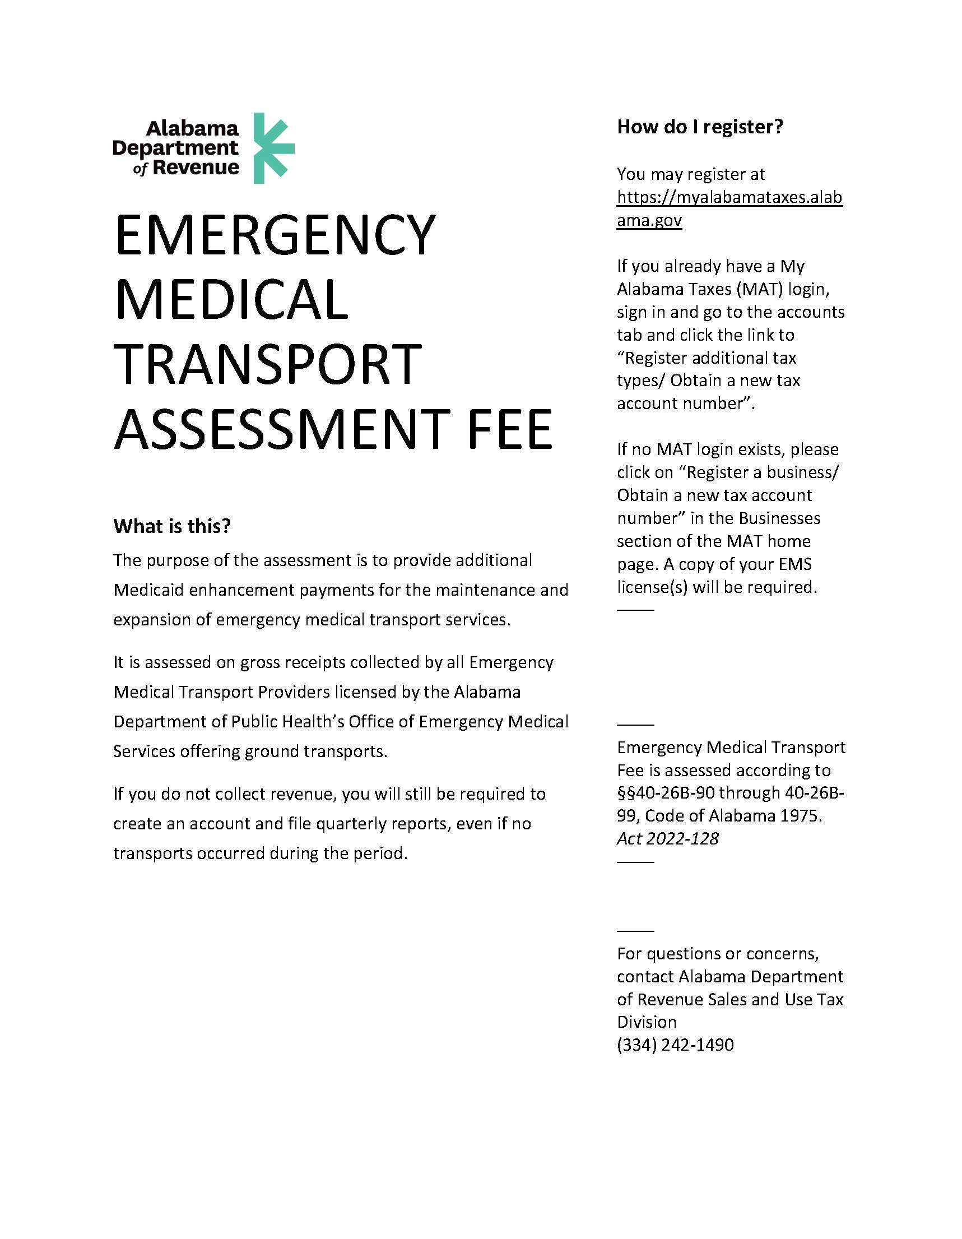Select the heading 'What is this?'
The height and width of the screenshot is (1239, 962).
(x=172, y=526)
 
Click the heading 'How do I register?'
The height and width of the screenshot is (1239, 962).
(x=700, y=127)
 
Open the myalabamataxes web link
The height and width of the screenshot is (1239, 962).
(x=729, y=208)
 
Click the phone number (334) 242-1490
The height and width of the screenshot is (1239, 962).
(x=675, y=1045)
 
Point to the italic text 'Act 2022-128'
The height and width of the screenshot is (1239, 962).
(x=668, y=838)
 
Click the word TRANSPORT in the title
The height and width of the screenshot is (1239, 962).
(x=268, y=364)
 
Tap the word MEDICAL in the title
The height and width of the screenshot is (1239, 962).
(x=231, y=300)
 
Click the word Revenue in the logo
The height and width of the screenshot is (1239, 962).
(x=196, y=168)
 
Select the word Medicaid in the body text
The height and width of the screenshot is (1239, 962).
(x=148, y=590)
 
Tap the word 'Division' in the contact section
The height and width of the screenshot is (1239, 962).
(x=647, y=1022)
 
